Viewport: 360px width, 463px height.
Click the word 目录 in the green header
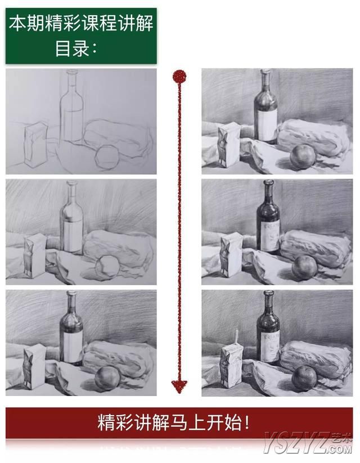coord(72,49)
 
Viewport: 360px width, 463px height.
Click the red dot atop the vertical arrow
coord(179,76)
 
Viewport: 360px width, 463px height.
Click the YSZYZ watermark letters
coord(296,442)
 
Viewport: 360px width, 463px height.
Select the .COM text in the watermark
coord(339,449)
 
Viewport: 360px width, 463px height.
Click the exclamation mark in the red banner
coord(247,423)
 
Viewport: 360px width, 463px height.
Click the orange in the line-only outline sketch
coord(107,157)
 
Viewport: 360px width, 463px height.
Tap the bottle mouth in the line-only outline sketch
coord(72,71)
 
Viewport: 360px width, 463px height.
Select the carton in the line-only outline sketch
coord(35,145)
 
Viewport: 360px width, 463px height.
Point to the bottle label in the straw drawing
coord(272,347)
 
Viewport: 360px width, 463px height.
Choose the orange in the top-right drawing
coord(303,156)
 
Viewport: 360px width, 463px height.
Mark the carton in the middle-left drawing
coord(35,256)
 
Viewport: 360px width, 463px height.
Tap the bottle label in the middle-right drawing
coord(271,236)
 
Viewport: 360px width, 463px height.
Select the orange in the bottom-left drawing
coord(107,378)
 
